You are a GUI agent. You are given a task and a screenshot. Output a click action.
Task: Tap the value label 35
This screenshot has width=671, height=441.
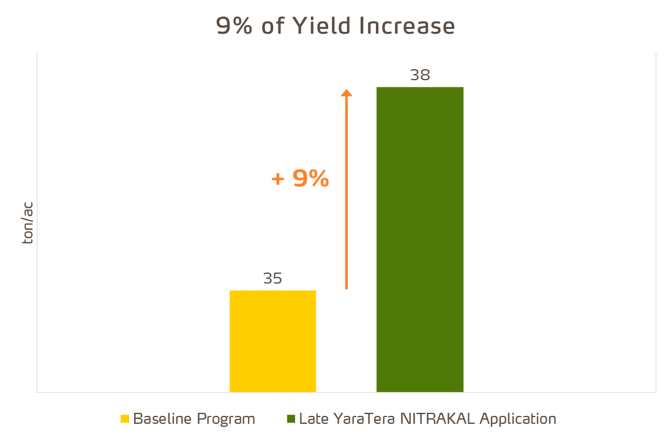[x=272, y=279]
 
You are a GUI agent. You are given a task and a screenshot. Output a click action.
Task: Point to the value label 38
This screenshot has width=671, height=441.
[x=420, y=75]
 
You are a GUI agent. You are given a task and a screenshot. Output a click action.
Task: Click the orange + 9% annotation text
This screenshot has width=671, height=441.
[x=300, y=178]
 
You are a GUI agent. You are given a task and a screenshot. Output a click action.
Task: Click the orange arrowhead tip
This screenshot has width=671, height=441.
[x=347, y=91]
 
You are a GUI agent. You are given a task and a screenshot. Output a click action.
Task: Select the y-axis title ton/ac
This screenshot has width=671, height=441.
[x=28, y=222]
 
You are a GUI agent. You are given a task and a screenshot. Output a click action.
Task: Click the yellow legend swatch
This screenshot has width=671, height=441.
[x=125, y=420]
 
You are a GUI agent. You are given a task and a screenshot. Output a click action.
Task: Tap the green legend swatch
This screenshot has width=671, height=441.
[x=290, y=420]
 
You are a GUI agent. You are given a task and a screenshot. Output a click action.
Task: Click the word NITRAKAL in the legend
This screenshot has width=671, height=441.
[x=437, y=419]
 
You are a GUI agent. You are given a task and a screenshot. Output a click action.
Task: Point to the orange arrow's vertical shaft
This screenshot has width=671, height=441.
[x=347, y=196]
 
